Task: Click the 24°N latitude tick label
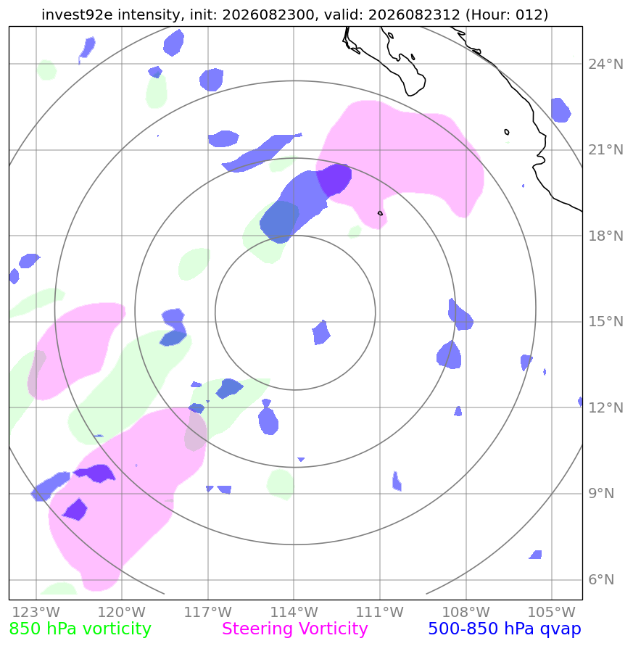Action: (x=605, y=65)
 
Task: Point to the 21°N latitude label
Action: (x=605, y=150)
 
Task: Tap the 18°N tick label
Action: (x=605, y=236)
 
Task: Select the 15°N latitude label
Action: (x=605, y=322)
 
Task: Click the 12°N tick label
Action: (x=605, y=408)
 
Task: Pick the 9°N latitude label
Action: (x=601, y=494)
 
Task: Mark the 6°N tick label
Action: (x=601, y=580)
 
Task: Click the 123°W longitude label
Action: (x=36, y=612)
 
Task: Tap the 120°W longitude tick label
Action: (x=122, y=612)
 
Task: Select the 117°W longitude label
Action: (x=207, y=612)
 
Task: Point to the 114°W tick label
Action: (x=294, y=612)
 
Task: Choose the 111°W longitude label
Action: (x=379, y=612)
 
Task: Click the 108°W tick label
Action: (x=466, y=612)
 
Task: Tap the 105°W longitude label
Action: (x=551, y=612)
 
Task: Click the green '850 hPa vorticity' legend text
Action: (x=80, y=629)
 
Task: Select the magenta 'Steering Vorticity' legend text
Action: (x=294, y=629)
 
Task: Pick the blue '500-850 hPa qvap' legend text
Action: (x=505, y=629)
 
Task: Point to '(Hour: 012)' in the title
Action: (x=507, y=15)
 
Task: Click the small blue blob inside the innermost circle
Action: (x=321, y=333)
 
